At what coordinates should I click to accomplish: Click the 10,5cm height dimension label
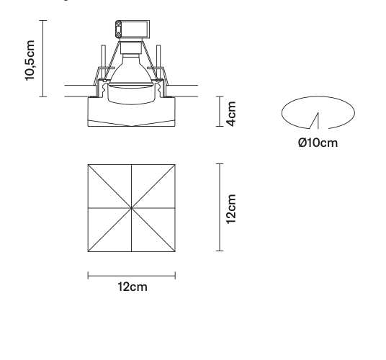30,60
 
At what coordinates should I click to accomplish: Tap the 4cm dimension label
231,114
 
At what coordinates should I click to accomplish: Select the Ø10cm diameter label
318,143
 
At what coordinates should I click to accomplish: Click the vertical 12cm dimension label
231,209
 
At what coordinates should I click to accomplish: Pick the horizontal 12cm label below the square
133,287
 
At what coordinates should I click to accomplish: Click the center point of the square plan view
132,208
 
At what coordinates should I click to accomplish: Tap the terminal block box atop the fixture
133,30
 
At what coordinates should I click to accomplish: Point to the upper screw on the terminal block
118,24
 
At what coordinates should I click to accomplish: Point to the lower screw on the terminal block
118,35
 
